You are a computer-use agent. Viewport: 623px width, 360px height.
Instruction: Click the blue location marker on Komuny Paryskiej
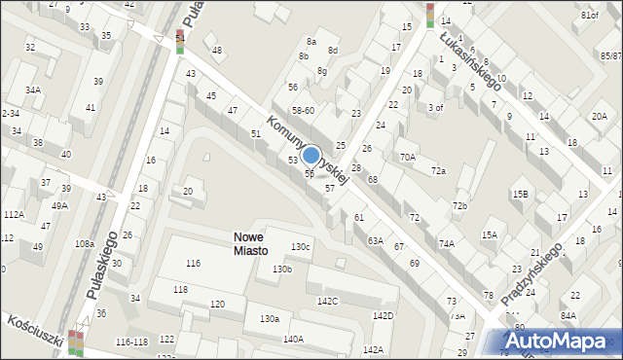coord(311,155)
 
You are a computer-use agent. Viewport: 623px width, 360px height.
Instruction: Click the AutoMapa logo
coord(560,342)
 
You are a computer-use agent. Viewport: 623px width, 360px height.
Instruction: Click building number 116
coord(194,264)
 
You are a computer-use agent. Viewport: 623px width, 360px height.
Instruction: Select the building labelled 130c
coord(301,247)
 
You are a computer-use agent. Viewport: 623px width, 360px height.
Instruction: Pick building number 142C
coord(327,301)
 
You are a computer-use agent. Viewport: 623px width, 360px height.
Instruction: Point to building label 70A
coord(407,156)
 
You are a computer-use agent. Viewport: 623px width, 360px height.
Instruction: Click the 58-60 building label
coord(304,111)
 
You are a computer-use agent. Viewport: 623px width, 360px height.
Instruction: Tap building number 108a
coord(84,244)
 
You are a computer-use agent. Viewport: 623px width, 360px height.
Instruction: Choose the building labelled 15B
coord(521,195)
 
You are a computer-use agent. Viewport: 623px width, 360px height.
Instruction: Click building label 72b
coord(459,205)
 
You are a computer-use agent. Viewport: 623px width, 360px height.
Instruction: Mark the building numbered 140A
coord(293,339)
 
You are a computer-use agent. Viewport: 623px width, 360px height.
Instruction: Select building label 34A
coord(33,90)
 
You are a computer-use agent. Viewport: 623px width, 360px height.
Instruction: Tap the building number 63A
coord(375,240)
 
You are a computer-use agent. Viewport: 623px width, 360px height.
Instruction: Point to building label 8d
coord(333,50)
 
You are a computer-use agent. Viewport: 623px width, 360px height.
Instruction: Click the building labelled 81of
coord(589,17)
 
